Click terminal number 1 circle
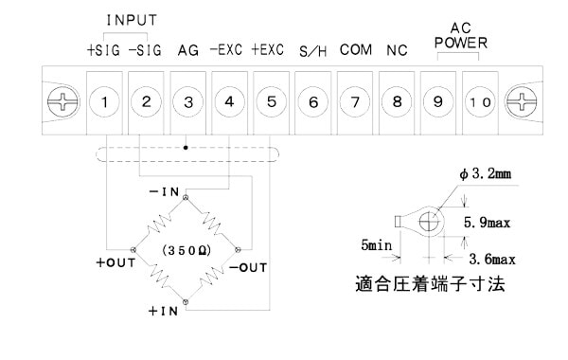pos(104,102)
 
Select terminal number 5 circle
pos(272,102)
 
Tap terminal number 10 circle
pos(480,102)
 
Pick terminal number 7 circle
pos(355,102)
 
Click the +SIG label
pos(103,50)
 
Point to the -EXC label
pos(226,49)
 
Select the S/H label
pos(313,51)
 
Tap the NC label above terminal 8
pos(397,50)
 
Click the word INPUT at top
pos(132,20)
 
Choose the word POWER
pos(461,43)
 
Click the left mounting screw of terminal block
pos(63,102)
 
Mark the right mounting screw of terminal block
pos(522,102)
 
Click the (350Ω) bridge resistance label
pos(186,250)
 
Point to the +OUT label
pos(115,262)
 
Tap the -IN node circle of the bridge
pos(186,198)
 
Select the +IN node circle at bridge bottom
pos(186,301)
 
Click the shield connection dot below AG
pos(186,148)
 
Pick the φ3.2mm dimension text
pos(486,174)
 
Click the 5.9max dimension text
pos(487,223)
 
